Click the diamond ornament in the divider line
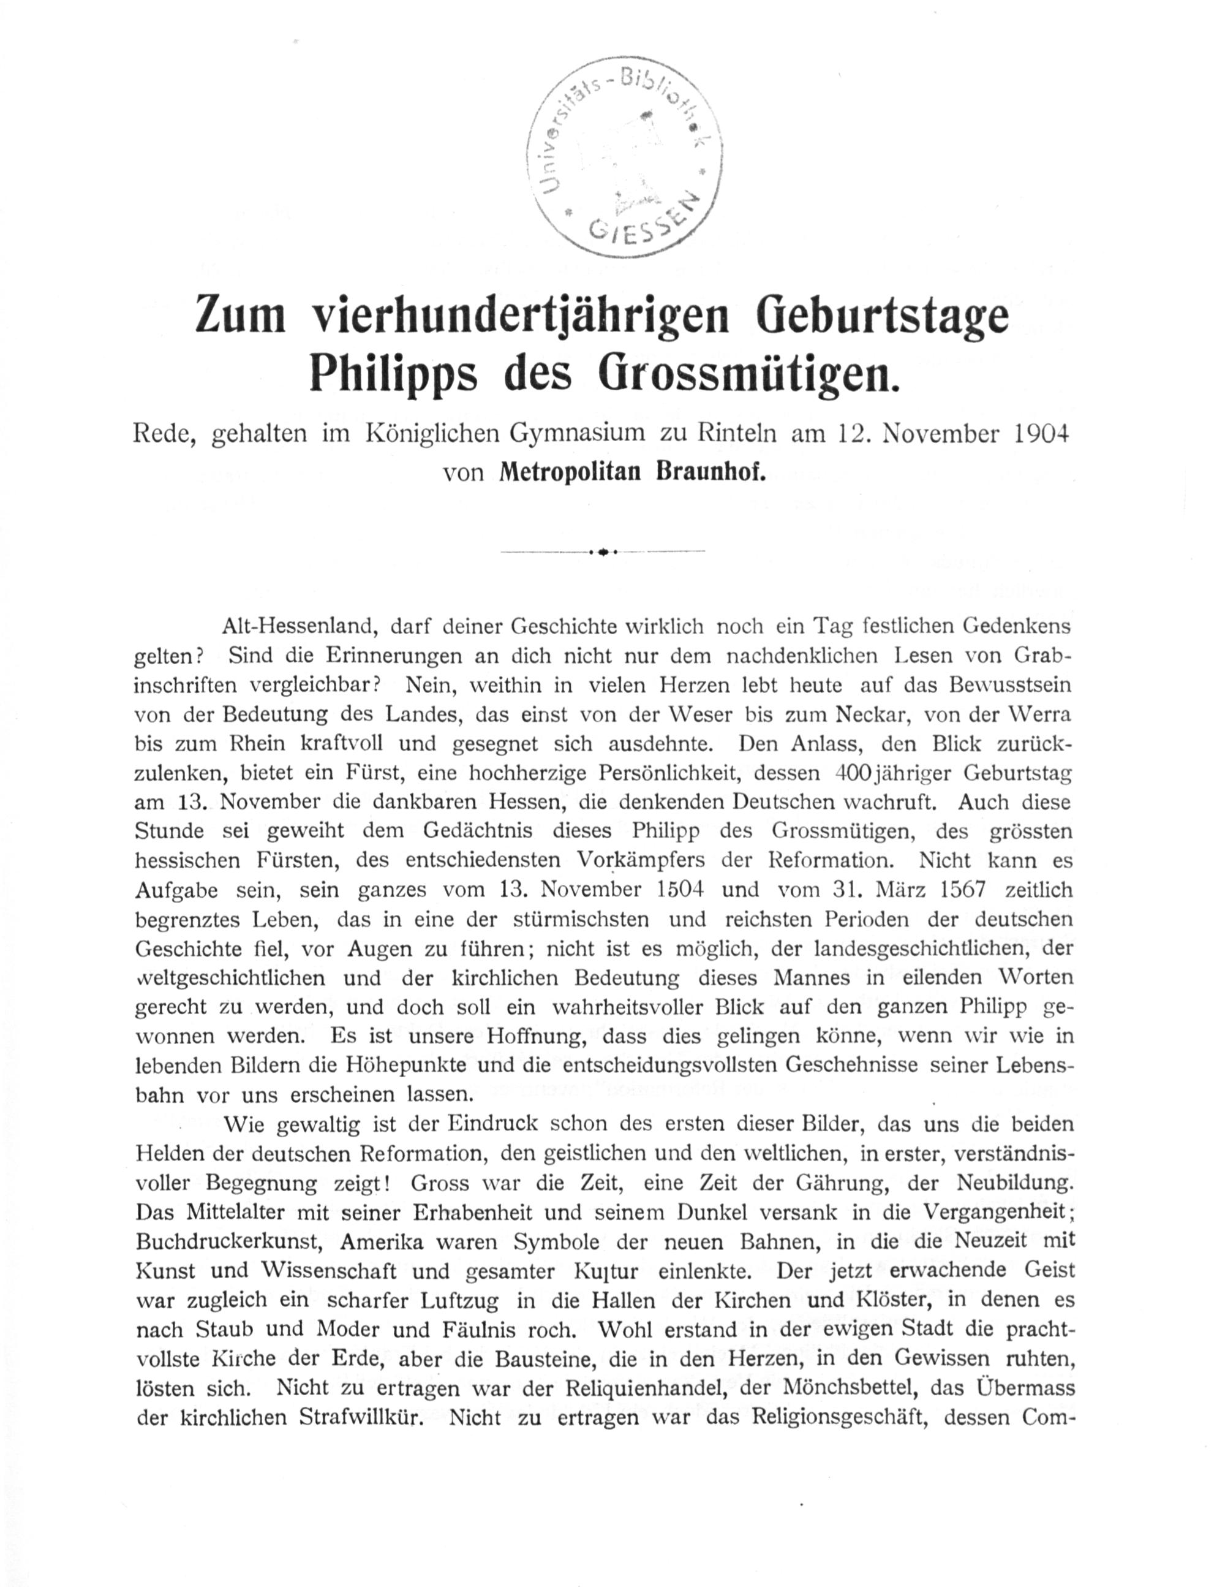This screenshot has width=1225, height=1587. pos(602,552)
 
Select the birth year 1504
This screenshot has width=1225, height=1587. pos(682,890)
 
